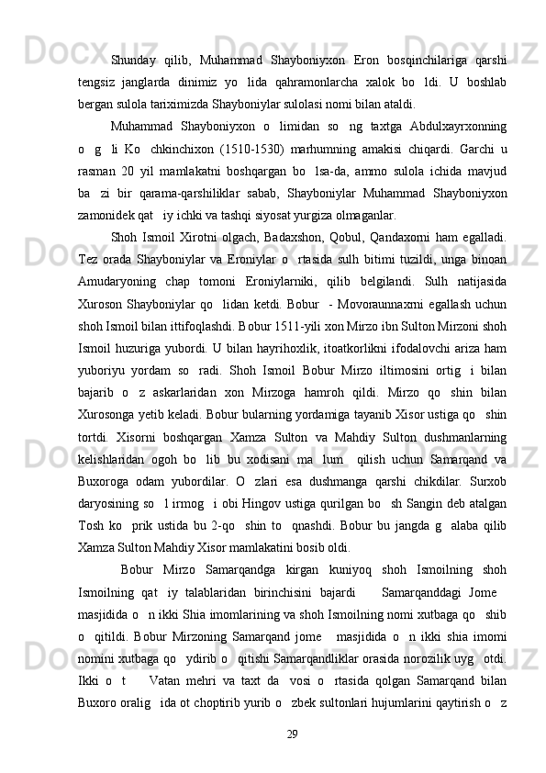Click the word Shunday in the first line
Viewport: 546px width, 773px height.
(136, 35)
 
